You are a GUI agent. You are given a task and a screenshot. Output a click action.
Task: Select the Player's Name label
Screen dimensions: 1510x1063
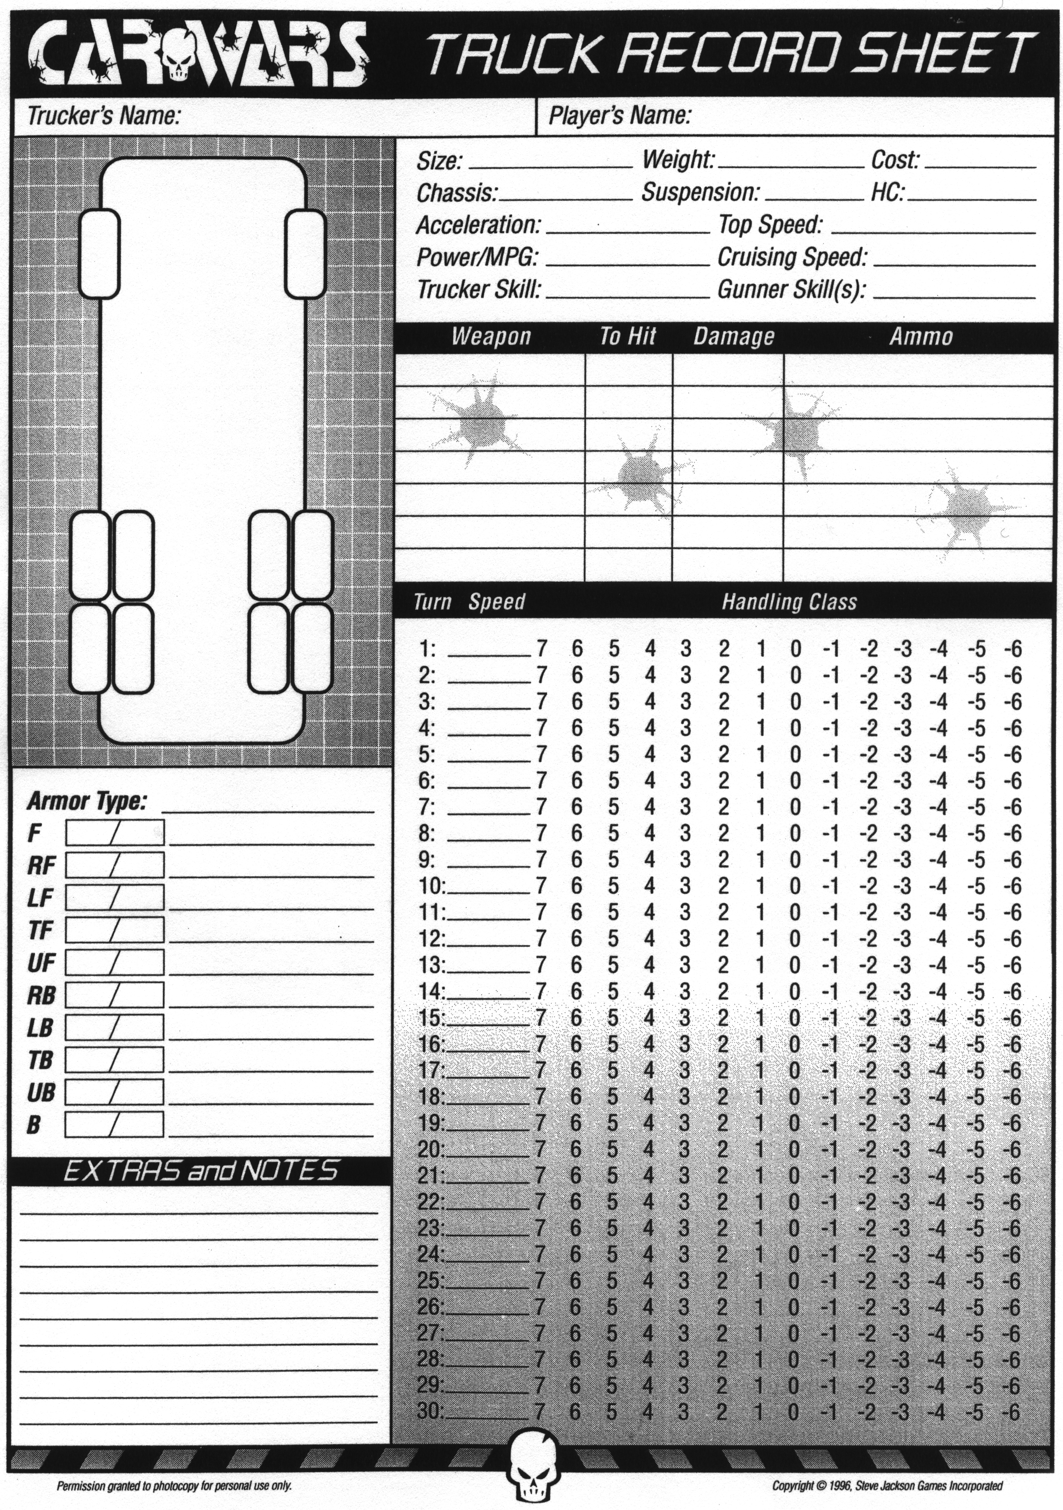[x=619, y=116]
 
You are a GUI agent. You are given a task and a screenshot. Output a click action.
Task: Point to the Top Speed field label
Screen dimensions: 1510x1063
[x=770, y=225]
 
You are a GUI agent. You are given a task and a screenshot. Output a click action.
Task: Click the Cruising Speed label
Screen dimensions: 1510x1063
[x=792, y=257]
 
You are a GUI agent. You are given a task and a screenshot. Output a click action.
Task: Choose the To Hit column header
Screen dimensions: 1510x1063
[x=627, y=337]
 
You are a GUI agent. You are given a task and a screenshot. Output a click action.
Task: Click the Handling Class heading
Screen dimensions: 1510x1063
[x=789, y=602]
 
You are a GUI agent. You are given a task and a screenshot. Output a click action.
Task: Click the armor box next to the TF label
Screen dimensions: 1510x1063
[x=114, y=930]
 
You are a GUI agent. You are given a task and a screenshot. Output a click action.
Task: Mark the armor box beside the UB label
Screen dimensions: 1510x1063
[x=114, y=1093]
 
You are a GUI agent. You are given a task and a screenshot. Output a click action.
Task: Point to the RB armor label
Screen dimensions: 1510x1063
[x=41, y=996]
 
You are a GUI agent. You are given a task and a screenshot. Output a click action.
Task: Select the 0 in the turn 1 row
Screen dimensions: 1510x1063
[x=795, y=650]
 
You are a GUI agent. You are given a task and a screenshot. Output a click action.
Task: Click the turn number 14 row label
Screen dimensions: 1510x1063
[x=432, y=991]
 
